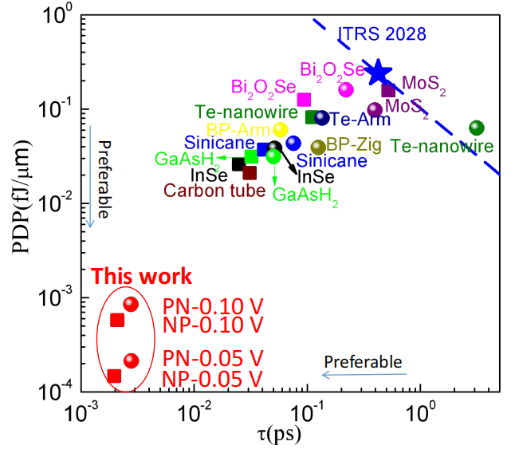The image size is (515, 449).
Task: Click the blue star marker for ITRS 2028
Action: tap(378, 73)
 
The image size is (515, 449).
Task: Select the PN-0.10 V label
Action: tap(213, 306)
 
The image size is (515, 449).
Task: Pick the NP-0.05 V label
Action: tap(213, 376)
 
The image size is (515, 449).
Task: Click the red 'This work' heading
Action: tap(140, 276)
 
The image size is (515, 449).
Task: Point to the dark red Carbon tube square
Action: tap(250, 172)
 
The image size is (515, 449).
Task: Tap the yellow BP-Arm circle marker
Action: tap(281, 129)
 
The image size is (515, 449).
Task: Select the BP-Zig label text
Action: tap(354, 144)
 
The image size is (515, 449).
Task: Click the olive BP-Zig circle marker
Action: tap(318, 147)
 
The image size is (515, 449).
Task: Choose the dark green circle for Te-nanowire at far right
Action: tap(477, 128)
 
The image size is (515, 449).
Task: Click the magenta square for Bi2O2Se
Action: tap(304, 100)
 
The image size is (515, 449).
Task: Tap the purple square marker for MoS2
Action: tap(388, 89)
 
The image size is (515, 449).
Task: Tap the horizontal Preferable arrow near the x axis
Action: tap(364, 373)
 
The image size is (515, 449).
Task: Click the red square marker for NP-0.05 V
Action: tap(114, 376)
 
